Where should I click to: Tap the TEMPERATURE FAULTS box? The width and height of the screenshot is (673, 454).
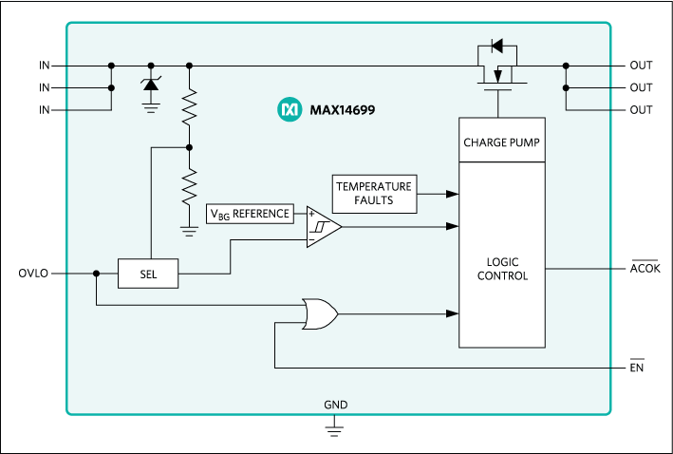(x=374, y=194)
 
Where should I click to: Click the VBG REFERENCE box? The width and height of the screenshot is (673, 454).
(x=251, y=214)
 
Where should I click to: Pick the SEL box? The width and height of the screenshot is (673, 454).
(x=147, y=274)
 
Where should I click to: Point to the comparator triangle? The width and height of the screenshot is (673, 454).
(x=322, y=228)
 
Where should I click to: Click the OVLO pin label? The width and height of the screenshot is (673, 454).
(x=34, y=274)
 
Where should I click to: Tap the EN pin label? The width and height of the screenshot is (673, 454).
(x=637, y=368)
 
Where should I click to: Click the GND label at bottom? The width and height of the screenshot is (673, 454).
(x=335, y=405)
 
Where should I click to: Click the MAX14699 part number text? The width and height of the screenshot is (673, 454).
(x=342, y=110)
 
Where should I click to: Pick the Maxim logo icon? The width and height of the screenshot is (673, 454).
(x=289, y=110)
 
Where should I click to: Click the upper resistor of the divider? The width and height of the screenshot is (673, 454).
(x=190, y=106)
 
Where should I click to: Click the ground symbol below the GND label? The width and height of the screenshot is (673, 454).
(x=334, y=430)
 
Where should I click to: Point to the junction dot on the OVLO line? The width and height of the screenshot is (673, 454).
(x=97, y=274)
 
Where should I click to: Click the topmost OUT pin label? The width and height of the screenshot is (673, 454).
(x=641, y=66)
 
